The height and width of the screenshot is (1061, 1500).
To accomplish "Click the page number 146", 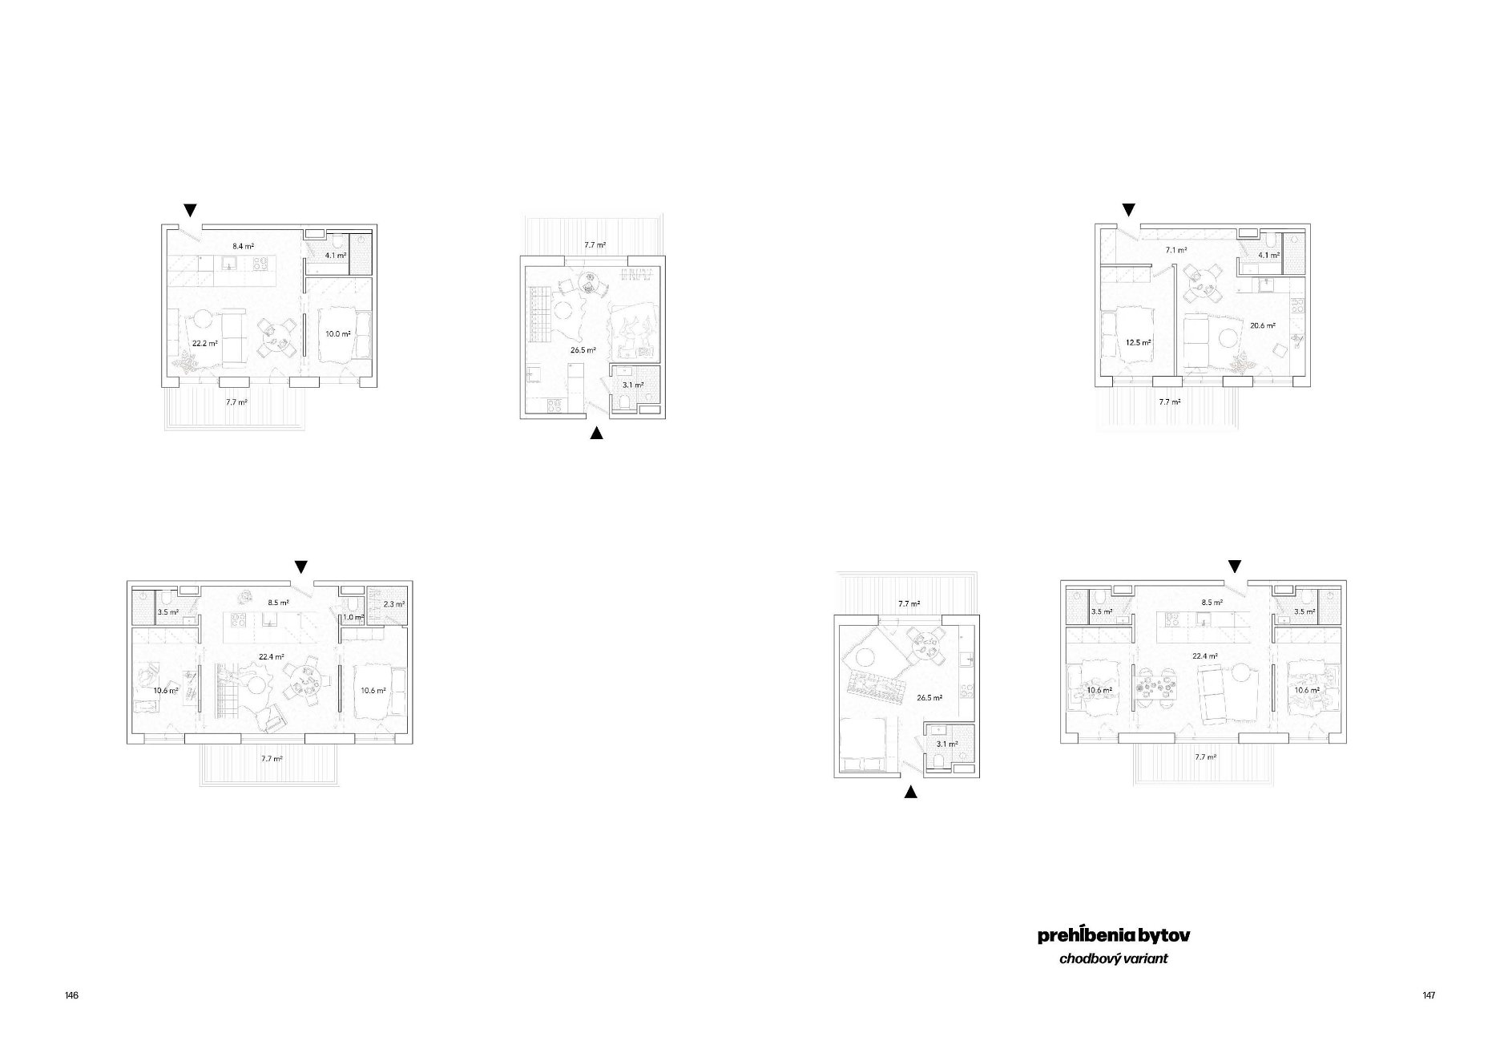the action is [x=72, y=995].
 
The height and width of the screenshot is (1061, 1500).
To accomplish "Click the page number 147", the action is [x=1429, y=995].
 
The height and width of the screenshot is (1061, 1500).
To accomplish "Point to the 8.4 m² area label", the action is [x=244, y=247].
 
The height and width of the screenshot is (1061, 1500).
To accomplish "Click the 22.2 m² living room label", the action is [x=205, y=343].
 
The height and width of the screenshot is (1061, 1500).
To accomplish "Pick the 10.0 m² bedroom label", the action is [x=337, y=333].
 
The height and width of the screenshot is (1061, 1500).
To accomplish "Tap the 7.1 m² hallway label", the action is [x=1175, y=250].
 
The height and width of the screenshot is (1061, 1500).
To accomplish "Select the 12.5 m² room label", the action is [x=1138, y=342].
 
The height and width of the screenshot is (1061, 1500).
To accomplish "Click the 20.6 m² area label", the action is [x=1262, y=325].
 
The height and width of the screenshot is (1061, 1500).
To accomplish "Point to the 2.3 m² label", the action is [x=393, y=603].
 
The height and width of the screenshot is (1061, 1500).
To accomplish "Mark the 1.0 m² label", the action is [x=353, y=617].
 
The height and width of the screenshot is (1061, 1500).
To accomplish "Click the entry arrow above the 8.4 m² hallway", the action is [x=190, y=210].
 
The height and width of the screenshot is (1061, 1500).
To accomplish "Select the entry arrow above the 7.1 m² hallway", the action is [x=1128, y=210].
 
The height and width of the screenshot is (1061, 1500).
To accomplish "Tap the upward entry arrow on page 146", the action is [x=596, y=434].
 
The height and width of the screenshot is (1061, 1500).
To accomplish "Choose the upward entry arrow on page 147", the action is [x=910, y=793].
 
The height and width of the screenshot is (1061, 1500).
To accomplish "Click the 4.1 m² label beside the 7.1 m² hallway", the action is [x=1268, y=256].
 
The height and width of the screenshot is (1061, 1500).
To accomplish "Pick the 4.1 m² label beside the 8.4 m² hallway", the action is [x=336, y=256].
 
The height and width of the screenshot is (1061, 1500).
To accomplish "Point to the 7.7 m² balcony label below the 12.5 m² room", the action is [x=1169, y=401].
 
